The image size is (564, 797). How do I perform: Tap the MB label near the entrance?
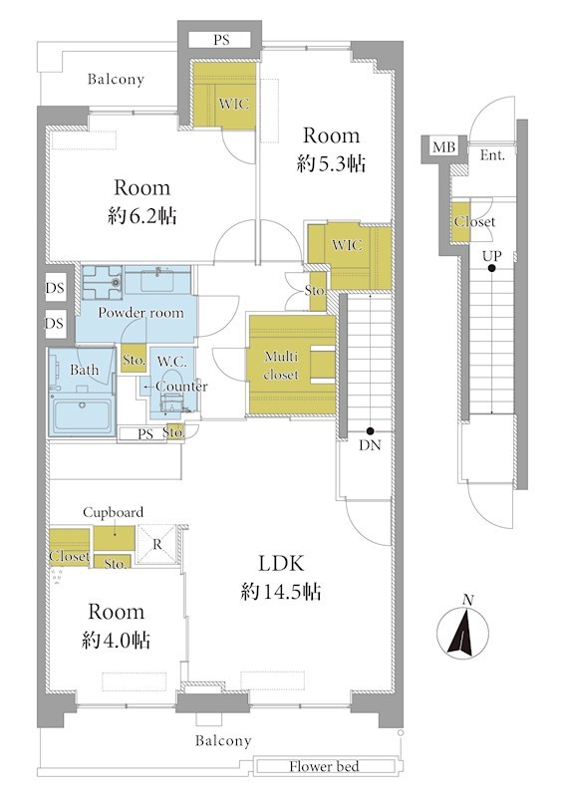tap(443, 147)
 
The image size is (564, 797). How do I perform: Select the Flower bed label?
tap(324, 766)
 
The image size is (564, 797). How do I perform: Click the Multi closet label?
tap(281, 366)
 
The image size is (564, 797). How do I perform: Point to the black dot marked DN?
tap(371, 430)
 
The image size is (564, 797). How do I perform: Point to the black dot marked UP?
tap(491, 268)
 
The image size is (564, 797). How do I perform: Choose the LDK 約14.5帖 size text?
tap(281, 578)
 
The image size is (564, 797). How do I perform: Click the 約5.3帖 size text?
tap(331, 163)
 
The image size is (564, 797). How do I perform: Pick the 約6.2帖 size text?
tap(141, 216)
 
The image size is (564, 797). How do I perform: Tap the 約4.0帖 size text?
tap(116, 640)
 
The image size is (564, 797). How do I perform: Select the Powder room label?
tap(141, 313)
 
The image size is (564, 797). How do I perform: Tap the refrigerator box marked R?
tap(157, 545)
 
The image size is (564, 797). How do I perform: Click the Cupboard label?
tap(113, 512)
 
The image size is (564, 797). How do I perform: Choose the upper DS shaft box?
tap(55, 288)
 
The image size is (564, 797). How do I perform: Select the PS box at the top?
tap(220, 40)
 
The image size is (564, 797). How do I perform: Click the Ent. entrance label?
tap(492, 155)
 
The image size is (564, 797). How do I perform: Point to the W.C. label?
tap(172, 362)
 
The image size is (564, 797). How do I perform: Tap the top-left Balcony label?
tap(116, 80)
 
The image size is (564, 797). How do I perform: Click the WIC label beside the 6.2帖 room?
tap(234, 104)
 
